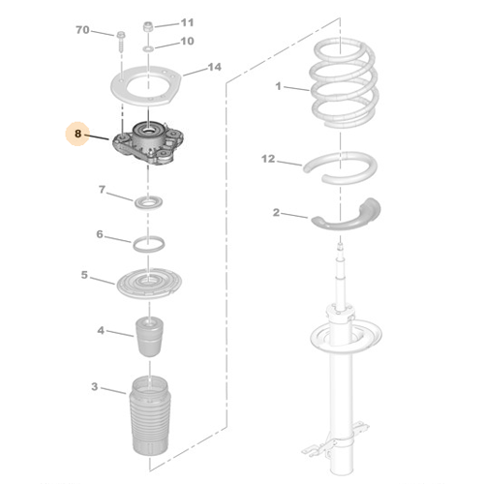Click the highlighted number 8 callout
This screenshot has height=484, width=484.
point(77,134)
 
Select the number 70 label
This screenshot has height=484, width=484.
point(82,30)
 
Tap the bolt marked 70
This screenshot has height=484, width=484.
point(121,42)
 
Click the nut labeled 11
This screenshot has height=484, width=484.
point(148,26)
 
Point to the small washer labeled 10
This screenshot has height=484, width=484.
point(148,49)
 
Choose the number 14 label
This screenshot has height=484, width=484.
point(215,67)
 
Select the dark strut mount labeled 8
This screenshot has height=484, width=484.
point(148,142)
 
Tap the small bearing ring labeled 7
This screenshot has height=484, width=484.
point(148,202)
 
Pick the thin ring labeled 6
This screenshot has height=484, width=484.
point(148,251)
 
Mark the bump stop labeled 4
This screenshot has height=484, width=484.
point(149,337)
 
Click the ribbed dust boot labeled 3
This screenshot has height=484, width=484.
point(149,416)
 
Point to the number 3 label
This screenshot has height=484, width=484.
point(94,386)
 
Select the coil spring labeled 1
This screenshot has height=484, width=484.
point(344,83)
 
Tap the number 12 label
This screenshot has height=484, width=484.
point(268,159)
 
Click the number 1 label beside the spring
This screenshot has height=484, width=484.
point(278,86)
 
